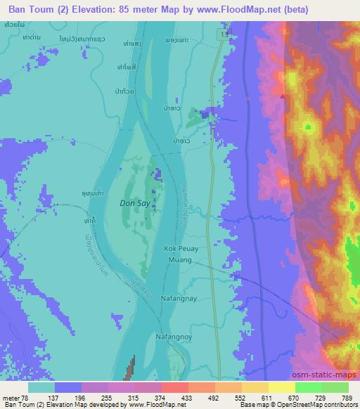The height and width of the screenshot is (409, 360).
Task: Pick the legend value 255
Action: [108, 397]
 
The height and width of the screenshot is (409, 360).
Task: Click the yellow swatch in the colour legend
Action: [282, 387]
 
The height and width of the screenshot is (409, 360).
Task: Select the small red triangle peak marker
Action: [283, 95]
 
